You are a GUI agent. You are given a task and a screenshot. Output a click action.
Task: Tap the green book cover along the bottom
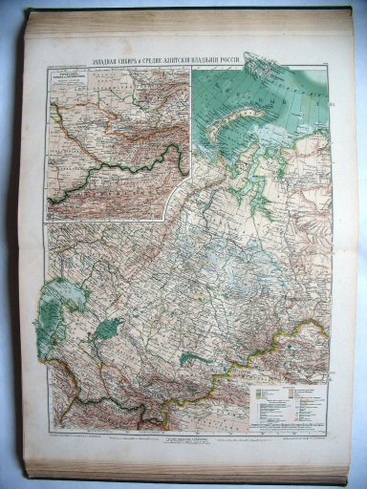(191, 470)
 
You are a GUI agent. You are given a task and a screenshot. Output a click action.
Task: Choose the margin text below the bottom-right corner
(301, 443)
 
